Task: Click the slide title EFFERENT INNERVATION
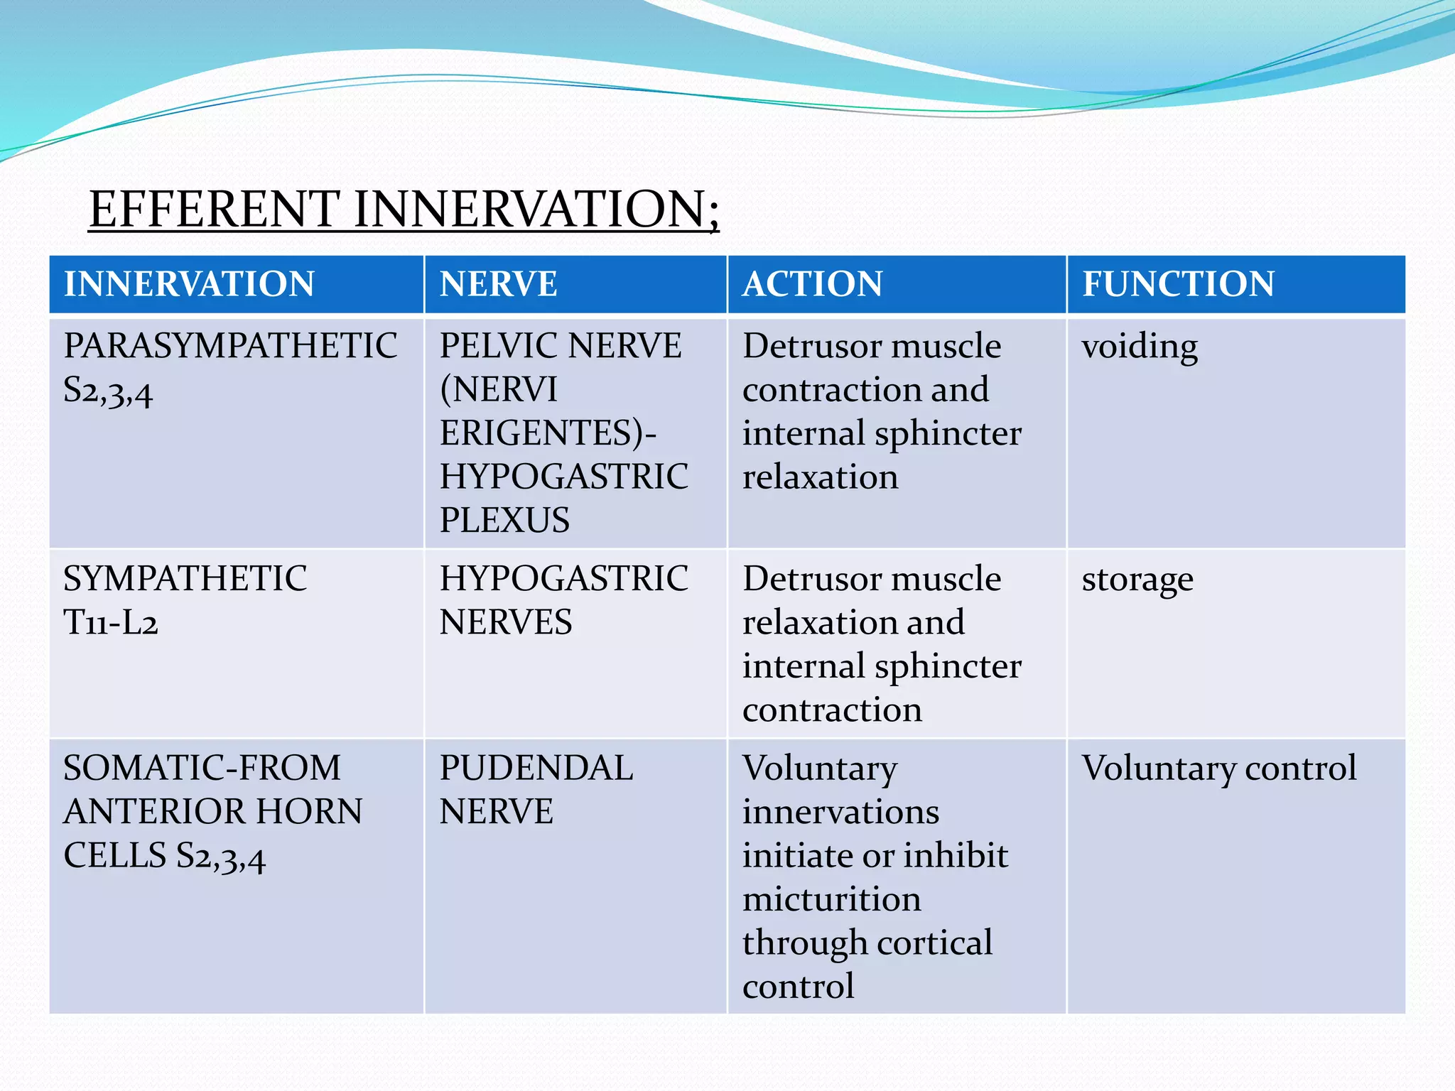pyautogui.click(x=404, y=210)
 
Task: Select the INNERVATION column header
pyautogui.click(x=189, y=284)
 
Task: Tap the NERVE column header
pyautogui.click(x=498, y=284)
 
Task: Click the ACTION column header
pyautogui.click(x=812, y=284)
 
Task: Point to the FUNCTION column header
pyautogui.click(x=1178, y=284)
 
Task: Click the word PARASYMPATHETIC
pyautogui.click(x=230, y=346)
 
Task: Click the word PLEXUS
pyautogui.click(x=504, y=520)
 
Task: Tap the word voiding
pyautogui.click(x=1140, y=347)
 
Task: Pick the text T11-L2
pyautogui.click(x=111, y=623)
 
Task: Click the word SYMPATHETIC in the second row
pyautogui.click(x=185, y=579)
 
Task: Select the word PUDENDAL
pyautogui.click(x=536, y=769)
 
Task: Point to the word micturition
pyautogui.click(x=832, y=900)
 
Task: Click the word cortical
pyautogui.click(x=934, y=943)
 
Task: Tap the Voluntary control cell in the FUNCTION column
pyautogui.click(x=1218, y=769)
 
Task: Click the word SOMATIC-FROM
pyautogui.click(x=202, y=769)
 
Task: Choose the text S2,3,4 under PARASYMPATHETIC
pyautogui.click(x=108, y=391)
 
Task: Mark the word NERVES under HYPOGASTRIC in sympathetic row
pyautogui.click(x=505, y=623)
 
